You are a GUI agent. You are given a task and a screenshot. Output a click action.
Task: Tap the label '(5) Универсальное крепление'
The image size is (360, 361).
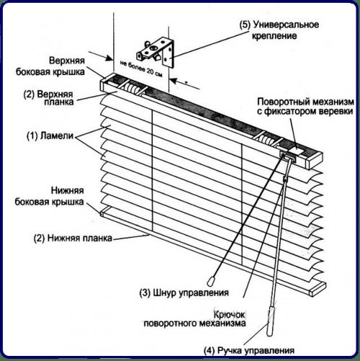coord(279,30)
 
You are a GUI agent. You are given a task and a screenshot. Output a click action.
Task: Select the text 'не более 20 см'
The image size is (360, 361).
coord(141,69)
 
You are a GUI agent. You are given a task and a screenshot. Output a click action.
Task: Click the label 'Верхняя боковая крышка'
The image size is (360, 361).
coord(51,66)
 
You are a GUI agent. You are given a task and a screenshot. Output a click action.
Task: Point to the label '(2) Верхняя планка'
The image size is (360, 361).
coord(48,97)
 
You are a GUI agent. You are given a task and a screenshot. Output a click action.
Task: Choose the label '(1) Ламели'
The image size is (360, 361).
coord(50,136)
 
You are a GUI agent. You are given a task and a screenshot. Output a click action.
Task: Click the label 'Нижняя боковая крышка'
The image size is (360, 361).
coord(50,196)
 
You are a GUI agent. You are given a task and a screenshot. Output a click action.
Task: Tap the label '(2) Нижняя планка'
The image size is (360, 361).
coord(73,238)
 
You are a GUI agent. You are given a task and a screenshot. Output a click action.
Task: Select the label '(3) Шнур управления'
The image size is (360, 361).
coord(184,293)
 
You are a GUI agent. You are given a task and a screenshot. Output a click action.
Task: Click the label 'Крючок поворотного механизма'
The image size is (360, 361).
coord(195,319)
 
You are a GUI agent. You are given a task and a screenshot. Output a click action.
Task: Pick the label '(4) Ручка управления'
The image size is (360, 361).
coord(249,350)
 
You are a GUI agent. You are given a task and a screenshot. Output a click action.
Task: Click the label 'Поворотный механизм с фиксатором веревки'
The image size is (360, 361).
coord(305,106)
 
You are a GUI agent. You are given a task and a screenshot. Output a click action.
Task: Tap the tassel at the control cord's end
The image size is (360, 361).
coord(211,281)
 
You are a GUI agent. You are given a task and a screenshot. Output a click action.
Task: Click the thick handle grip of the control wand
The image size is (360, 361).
coord(271,321)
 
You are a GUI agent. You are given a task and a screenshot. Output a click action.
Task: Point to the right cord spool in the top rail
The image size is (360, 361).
coord(266,140)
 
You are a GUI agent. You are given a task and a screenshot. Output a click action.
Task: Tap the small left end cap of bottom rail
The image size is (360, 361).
coord(102,214)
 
